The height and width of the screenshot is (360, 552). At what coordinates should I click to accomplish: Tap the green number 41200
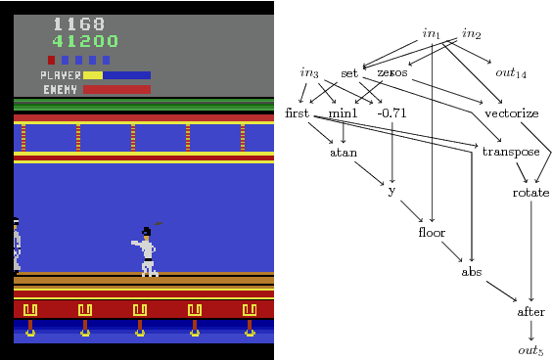[x=86, y=41]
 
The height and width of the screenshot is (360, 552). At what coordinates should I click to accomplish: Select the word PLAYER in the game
[x=60, y=74]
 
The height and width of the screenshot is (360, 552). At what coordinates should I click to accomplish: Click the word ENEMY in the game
[x=61, y=89]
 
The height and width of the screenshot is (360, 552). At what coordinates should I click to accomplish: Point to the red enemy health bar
[x=116, y=89]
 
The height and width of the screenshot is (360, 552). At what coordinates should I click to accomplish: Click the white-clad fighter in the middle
[x=147, y=252]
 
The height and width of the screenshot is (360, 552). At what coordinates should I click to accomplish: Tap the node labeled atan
[x=343, y=152]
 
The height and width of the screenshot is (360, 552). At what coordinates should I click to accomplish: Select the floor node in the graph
[x=432, y=232]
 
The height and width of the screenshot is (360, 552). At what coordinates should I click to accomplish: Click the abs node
[x=472, y=271]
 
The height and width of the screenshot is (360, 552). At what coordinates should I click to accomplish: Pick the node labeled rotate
[x=530, y=193]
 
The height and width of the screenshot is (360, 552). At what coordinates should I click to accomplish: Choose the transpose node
[x=511, y=152]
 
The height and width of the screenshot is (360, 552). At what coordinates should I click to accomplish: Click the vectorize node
[x=519, y=112]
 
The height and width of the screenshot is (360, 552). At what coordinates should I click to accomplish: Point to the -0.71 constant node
[x=391, y=112]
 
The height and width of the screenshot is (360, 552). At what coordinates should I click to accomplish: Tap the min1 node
[x=343, y=112]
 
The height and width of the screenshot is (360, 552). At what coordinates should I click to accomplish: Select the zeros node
[x=391, y=73]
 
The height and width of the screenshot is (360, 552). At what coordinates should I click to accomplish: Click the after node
[x=530, y=312]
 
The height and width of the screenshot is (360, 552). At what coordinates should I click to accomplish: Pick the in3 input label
[x=309, y=73]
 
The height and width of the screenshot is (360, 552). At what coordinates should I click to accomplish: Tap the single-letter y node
[x=391, y=191]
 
